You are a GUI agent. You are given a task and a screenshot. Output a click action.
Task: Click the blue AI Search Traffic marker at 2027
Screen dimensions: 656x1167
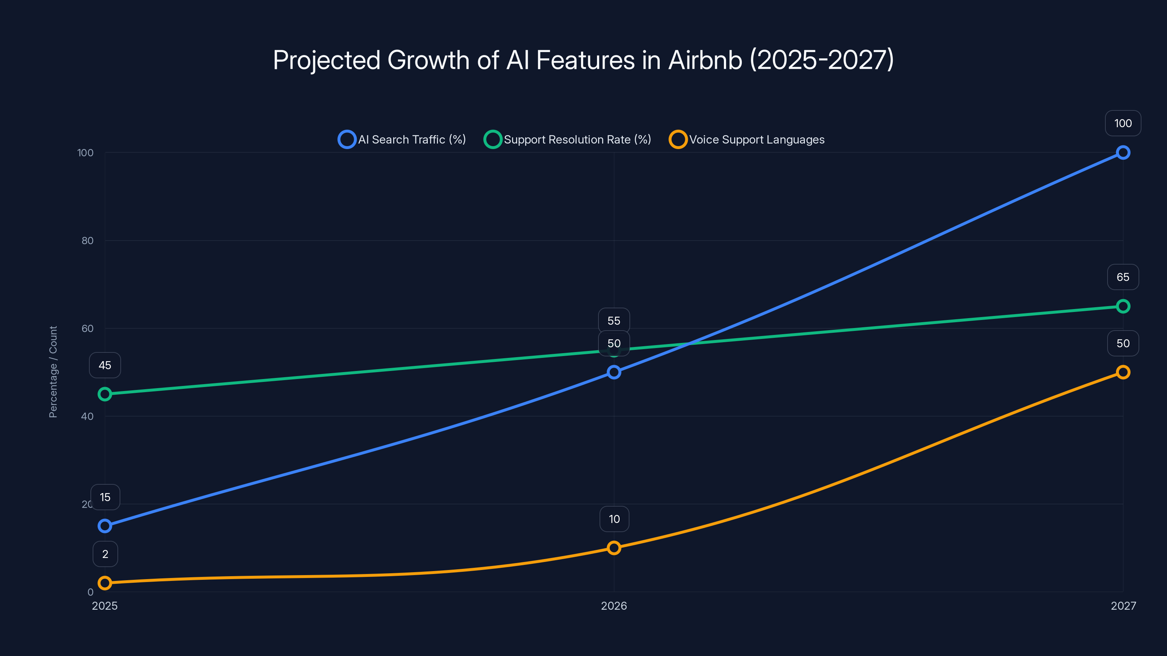click(1123, 153)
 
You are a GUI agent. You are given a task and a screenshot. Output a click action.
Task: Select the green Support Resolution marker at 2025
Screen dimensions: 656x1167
click(105, 394)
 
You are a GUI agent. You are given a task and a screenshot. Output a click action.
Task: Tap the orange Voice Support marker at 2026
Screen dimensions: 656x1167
click(614, 548)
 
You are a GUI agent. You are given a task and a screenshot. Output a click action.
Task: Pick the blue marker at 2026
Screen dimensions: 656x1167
click(614, 372)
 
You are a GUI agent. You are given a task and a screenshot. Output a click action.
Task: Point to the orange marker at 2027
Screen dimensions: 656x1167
click(1123, 372)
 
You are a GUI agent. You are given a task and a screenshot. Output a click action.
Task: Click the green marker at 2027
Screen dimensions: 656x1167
click(1123, 306)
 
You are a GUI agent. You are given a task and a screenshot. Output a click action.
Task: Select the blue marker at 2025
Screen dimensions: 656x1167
click(105, 526)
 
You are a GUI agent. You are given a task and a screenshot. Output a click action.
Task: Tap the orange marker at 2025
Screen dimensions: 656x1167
click(105, 583)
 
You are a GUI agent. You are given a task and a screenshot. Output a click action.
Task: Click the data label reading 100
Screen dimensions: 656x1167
click(1123, 123)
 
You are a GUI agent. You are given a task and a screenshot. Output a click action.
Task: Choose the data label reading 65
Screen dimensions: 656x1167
click(1123, 277)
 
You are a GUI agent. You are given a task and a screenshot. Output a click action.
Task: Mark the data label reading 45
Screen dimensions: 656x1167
click(105, 365)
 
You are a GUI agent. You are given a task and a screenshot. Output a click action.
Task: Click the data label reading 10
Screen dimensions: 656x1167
click(614, 519)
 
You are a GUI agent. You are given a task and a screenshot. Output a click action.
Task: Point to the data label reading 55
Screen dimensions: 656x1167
click(614, 321)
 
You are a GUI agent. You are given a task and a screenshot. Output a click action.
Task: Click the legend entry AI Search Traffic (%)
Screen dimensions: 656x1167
click(402, 140)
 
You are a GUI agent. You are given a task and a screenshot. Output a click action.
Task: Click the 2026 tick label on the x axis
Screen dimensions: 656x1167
click(614, 606)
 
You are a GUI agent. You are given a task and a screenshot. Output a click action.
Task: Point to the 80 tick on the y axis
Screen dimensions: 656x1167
click(88, 241)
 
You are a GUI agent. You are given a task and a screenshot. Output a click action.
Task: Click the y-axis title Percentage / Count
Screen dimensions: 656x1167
click(53, 372)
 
